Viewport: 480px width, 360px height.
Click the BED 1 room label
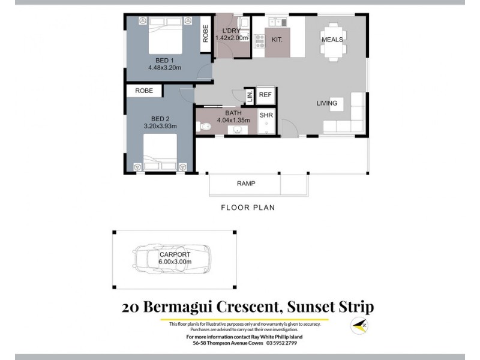click(164, 60)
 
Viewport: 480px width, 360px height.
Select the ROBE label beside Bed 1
click(205, 33)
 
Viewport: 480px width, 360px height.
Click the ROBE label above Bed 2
click(144, 91)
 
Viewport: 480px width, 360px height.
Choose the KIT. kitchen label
click(277, 40)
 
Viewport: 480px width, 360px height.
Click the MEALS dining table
click(332, 40)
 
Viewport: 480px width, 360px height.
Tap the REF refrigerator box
click(265, 95)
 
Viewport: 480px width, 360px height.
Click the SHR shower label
click(265, 114)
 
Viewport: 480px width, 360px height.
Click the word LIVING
click(327, 103)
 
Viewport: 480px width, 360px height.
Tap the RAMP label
click(246, 184)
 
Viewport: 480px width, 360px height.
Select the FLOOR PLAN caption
click(248, 208)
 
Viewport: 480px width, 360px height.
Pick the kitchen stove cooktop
click(260, 41)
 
